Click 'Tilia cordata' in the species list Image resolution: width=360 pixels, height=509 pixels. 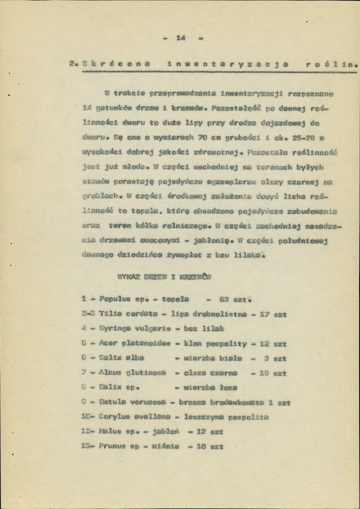point(129,314)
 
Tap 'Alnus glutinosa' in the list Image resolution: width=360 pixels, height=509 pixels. point(132,373)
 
